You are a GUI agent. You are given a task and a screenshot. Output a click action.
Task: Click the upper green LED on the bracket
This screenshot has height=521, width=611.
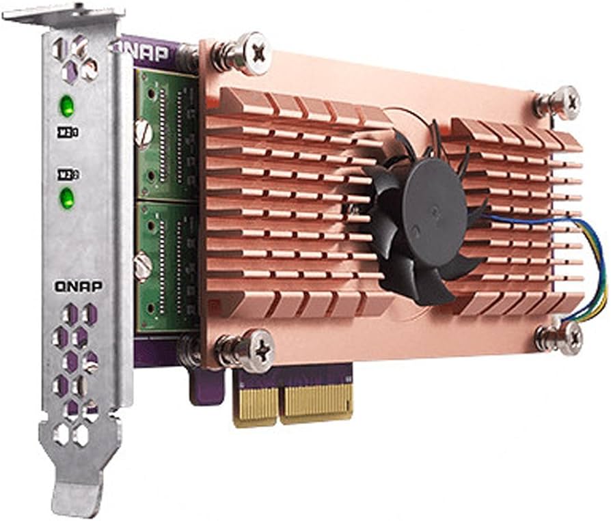click(x=66, y=106)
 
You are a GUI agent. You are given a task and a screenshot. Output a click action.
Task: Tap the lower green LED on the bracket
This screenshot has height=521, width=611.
click(x=67, y=199)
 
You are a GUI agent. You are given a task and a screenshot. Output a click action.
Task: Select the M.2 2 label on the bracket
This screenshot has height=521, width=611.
click(x=68, y=174)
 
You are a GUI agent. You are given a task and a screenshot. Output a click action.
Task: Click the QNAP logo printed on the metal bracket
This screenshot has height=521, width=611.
click(x=79, y=286)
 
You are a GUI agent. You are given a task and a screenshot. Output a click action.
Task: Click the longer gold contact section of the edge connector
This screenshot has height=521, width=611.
click(x=316, y=402)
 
